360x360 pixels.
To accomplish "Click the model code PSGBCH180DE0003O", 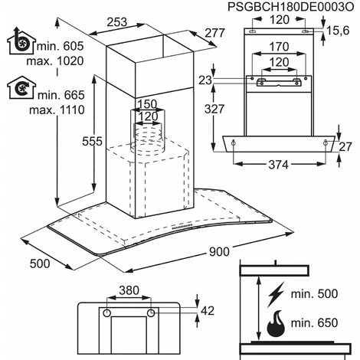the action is coord(291,7).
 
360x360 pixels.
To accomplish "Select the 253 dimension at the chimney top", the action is coord(116,22).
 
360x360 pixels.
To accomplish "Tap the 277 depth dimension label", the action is coord(215,33).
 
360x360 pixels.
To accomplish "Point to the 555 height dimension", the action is coord(92,141).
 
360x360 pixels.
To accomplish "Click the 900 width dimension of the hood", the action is coord(219,252).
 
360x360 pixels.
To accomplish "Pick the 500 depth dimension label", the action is coord(40,263).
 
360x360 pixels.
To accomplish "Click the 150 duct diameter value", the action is coord(147,104).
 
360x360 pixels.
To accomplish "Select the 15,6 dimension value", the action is coord(338,31).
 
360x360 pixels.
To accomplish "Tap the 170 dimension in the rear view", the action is coord(280,47).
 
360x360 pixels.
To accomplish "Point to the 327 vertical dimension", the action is coord(214,109).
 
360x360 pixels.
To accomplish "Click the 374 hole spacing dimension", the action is coord(278,165).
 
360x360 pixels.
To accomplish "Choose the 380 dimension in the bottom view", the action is coord(129,290).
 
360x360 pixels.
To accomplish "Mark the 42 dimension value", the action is coord(208,311).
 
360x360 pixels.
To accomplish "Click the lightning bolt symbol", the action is coord(276,295).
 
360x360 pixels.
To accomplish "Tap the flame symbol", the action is coord(276,323).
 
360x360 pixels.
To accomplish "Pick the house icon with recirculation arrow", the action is coord(21,87).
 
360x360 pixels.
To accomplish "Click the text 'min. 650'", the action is coord(314,323).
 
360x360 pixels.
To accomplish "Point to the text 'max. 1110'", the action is coord(57,110).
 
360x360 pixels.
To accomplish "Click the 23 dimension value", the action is coord(205,80).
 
